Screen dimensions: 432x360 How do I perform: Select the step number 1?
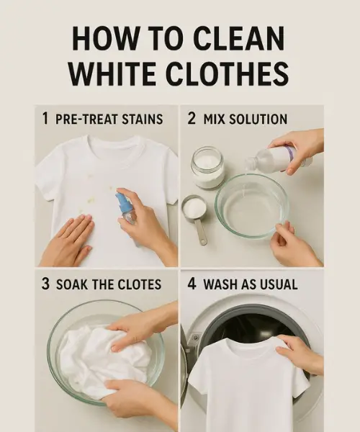[46, 119]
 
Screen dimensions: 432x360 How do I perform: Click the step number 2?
[192, 119]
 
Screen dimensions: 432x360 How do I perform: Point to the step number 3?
[45, 284]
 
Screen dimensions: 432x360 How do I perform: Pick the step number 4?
[192, 284]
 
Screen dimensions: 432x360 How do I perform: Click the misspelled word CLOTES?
[135, 284]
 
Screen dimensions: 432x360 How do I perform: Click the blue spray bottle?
[127, 207]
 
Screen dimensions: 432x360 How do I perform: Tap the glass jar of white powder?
[207, 167]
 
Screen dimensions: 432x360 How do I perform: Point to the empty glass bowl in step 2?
[251, 204]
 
